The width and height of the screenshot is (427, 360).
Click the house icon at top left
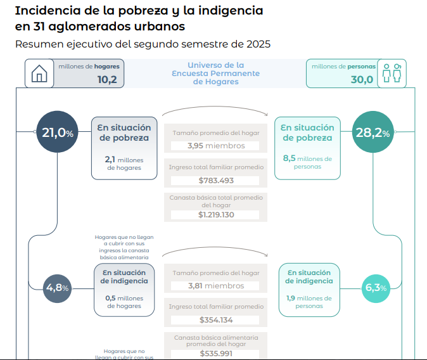(x=39, y=74)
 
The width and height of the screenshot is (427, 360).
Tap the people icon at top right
(x=393, y=74)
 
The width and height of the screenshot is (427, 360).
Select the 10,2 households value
(x=107, y=80)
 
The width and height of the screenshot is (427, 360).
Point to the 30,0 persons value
(x=362, y=80)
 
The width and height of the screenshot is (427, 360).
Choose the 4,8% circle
(x=57, y=288)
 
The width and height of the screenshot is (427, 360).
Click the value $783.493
(x=216, y=180)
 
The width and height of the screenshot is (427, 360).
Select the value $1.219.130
(x=216, y=215)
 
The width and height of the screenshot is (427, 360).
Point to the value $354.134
(x=216, y=319)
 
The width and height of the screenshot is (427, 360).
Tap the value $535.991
(x=216, y=354)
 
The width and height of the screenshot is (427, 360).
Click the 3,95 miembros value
(x=216, y=146)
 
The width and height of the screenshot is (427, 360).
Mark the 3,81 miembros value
(x=216, y=286)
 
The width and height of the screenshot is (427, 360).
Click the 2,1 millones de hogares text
(x=124, y=164)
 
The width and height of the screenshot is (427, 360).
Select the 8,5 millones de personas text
(x=308, y=162)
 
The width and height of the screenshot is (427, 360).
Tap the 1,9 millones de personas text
(x=309, y=302)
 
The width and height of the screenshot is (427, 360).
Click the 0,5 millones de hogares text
(x=124, y=302)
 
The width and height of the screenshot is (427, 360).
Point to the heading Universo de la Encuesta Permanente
(x=216, y=74)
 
